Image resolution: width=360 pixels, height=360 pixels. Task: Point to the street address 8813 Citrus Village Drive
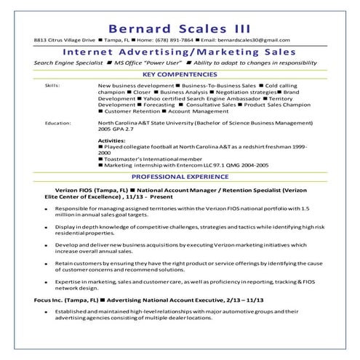[64, 41]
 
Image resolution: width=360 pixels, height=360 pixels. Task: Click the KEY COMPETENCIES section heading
[180, 75]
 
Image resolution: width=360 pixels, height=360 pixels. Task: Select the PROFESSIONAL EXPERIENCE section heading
[180, 177]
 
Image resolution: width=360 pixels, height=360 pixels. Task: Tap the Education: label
[57, 124]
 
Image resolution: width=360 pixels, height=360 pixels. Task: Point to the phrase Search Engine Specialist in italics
[68, 63]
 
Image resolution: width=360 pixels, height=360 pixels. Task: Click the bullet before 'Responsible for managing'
[45, 207]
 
